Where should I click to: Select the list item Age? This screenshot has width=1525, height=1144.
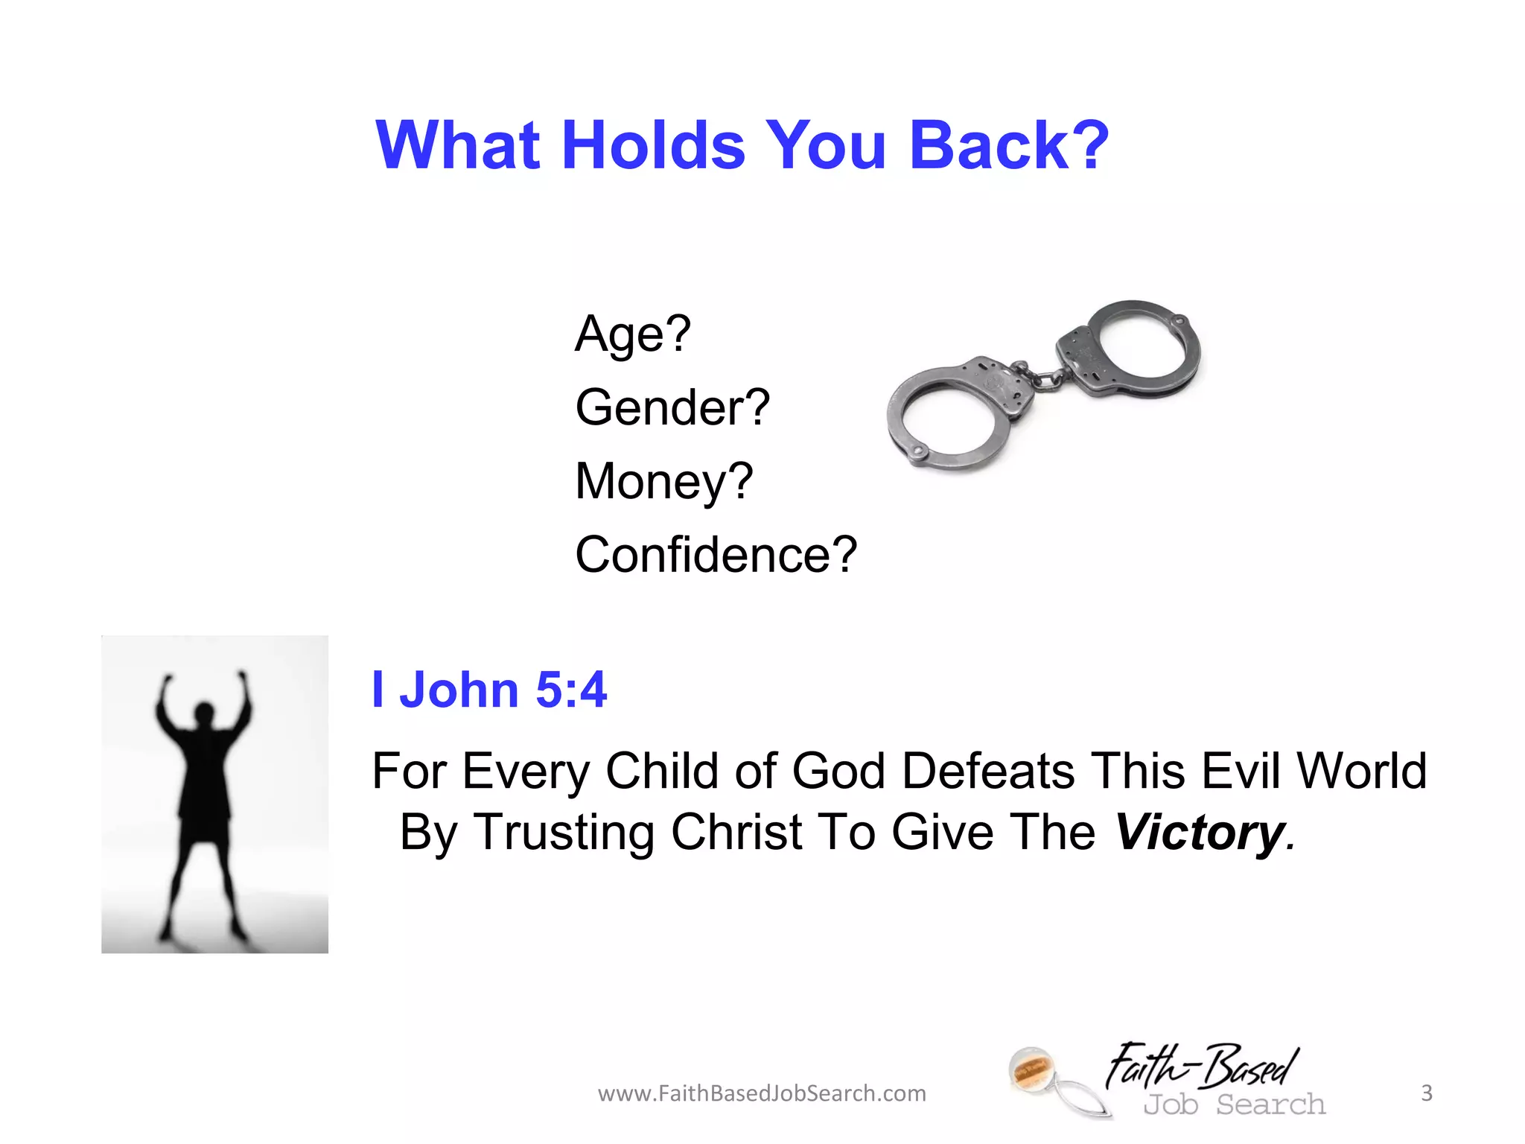(x=633, y=334)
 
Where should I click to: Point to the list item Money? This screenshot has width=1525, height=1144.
(x=664, y=481)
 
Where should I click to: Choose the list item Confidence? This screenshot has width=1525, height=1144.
(x=716, y=555)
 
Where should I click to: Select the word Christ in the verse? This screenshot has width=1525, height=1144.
(x=736, y=832)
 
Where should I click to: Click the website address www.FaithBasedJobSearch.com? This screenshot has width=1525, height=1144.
(x=762, y=1093)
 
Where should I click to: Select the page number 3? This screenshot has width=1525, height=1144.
(x=1427, y=1093)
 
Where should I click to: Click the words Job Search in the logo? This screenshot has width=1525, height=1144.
(x=1235, y=1105)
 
